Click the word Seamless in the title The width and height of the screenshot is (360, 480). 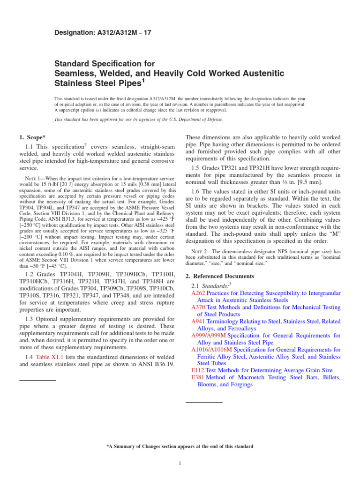click(x=75, y=74)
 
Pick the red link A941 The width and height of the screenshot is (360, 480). click(x=198, y=322)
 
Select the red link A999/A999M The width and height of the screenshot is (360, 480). click(x=209, y=336)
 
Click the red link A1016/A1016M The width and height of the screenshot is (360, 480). click(x=211, y=350)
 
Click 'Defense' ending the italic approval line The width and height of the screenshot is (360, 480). click(x=213, y=120)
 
